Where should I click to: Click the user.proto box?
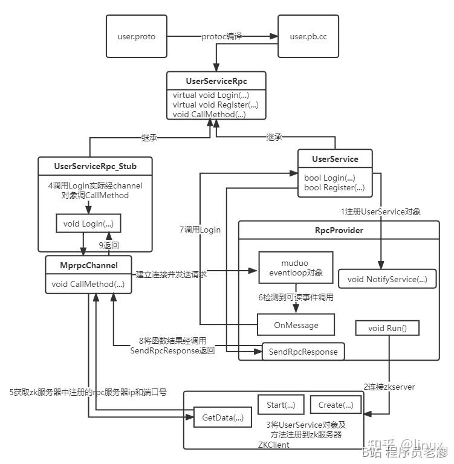click(x=136, y=37)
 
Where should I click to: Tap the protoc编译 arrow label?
click(x=222, y=37)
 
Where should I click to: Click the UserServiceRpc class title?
click(x=216, y=80)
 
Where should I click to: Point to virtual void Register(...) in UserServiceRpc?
click(x=211, y=105)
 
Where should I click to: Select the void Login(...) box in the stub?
click(x=88, y=224)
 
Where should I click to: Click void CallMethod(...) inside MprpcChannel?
click(x=88, y=284)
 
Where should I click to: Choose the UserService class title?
click(x=335, y=159)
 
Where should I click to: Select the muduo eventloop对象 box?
click(x=295, y=267)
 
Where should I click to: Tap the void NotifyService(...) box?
click(x=388, y=279)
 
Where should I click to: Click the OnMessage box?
click(x=296, y=325)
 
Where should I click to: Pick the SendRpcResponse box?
click(x=303, y=352)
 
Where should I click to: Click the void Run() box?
click(x=388, y=329)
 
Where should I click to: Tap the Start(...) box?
click(x=281, y=404)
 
